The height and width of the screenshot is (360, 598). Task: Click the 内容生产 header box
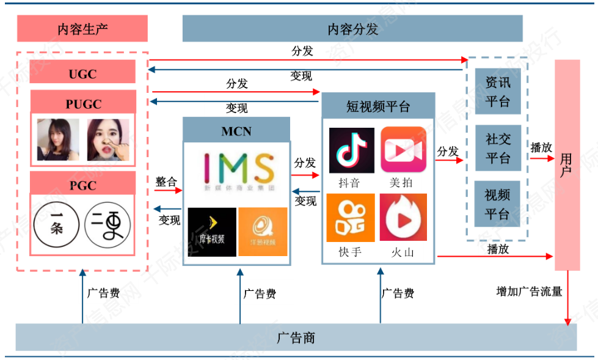pyautogui.click(x=82, y=28)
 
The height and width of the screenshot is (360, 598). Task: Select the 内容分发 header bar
pyautogui.click(x=352, y=28)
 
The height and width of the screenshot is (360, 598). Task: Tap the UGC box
pyautogui.click(x=82, y=74)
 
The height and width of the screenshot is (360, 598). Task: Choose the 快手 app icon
pyautogui.click(x=350, y=218)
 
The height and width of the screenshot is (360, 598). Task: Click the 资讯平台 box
pyautogui.click(x=497, y=92)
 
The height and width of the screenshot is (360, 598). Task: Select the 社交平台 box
pyautogui.click(x=497, y=149)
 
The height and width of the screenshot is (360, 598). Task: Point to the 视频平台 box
pyautogui.click(x=497, y=204)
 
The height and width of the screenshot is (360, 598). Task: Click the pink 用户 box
pyautogui.click(x=567, y=165)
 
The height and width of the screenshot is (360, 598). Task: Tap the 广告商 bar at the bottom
pyautogui.click(x=296, y=337)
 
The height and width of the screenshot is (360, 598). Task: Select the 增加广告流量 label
pyautogui.click(x=529, y=292)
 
